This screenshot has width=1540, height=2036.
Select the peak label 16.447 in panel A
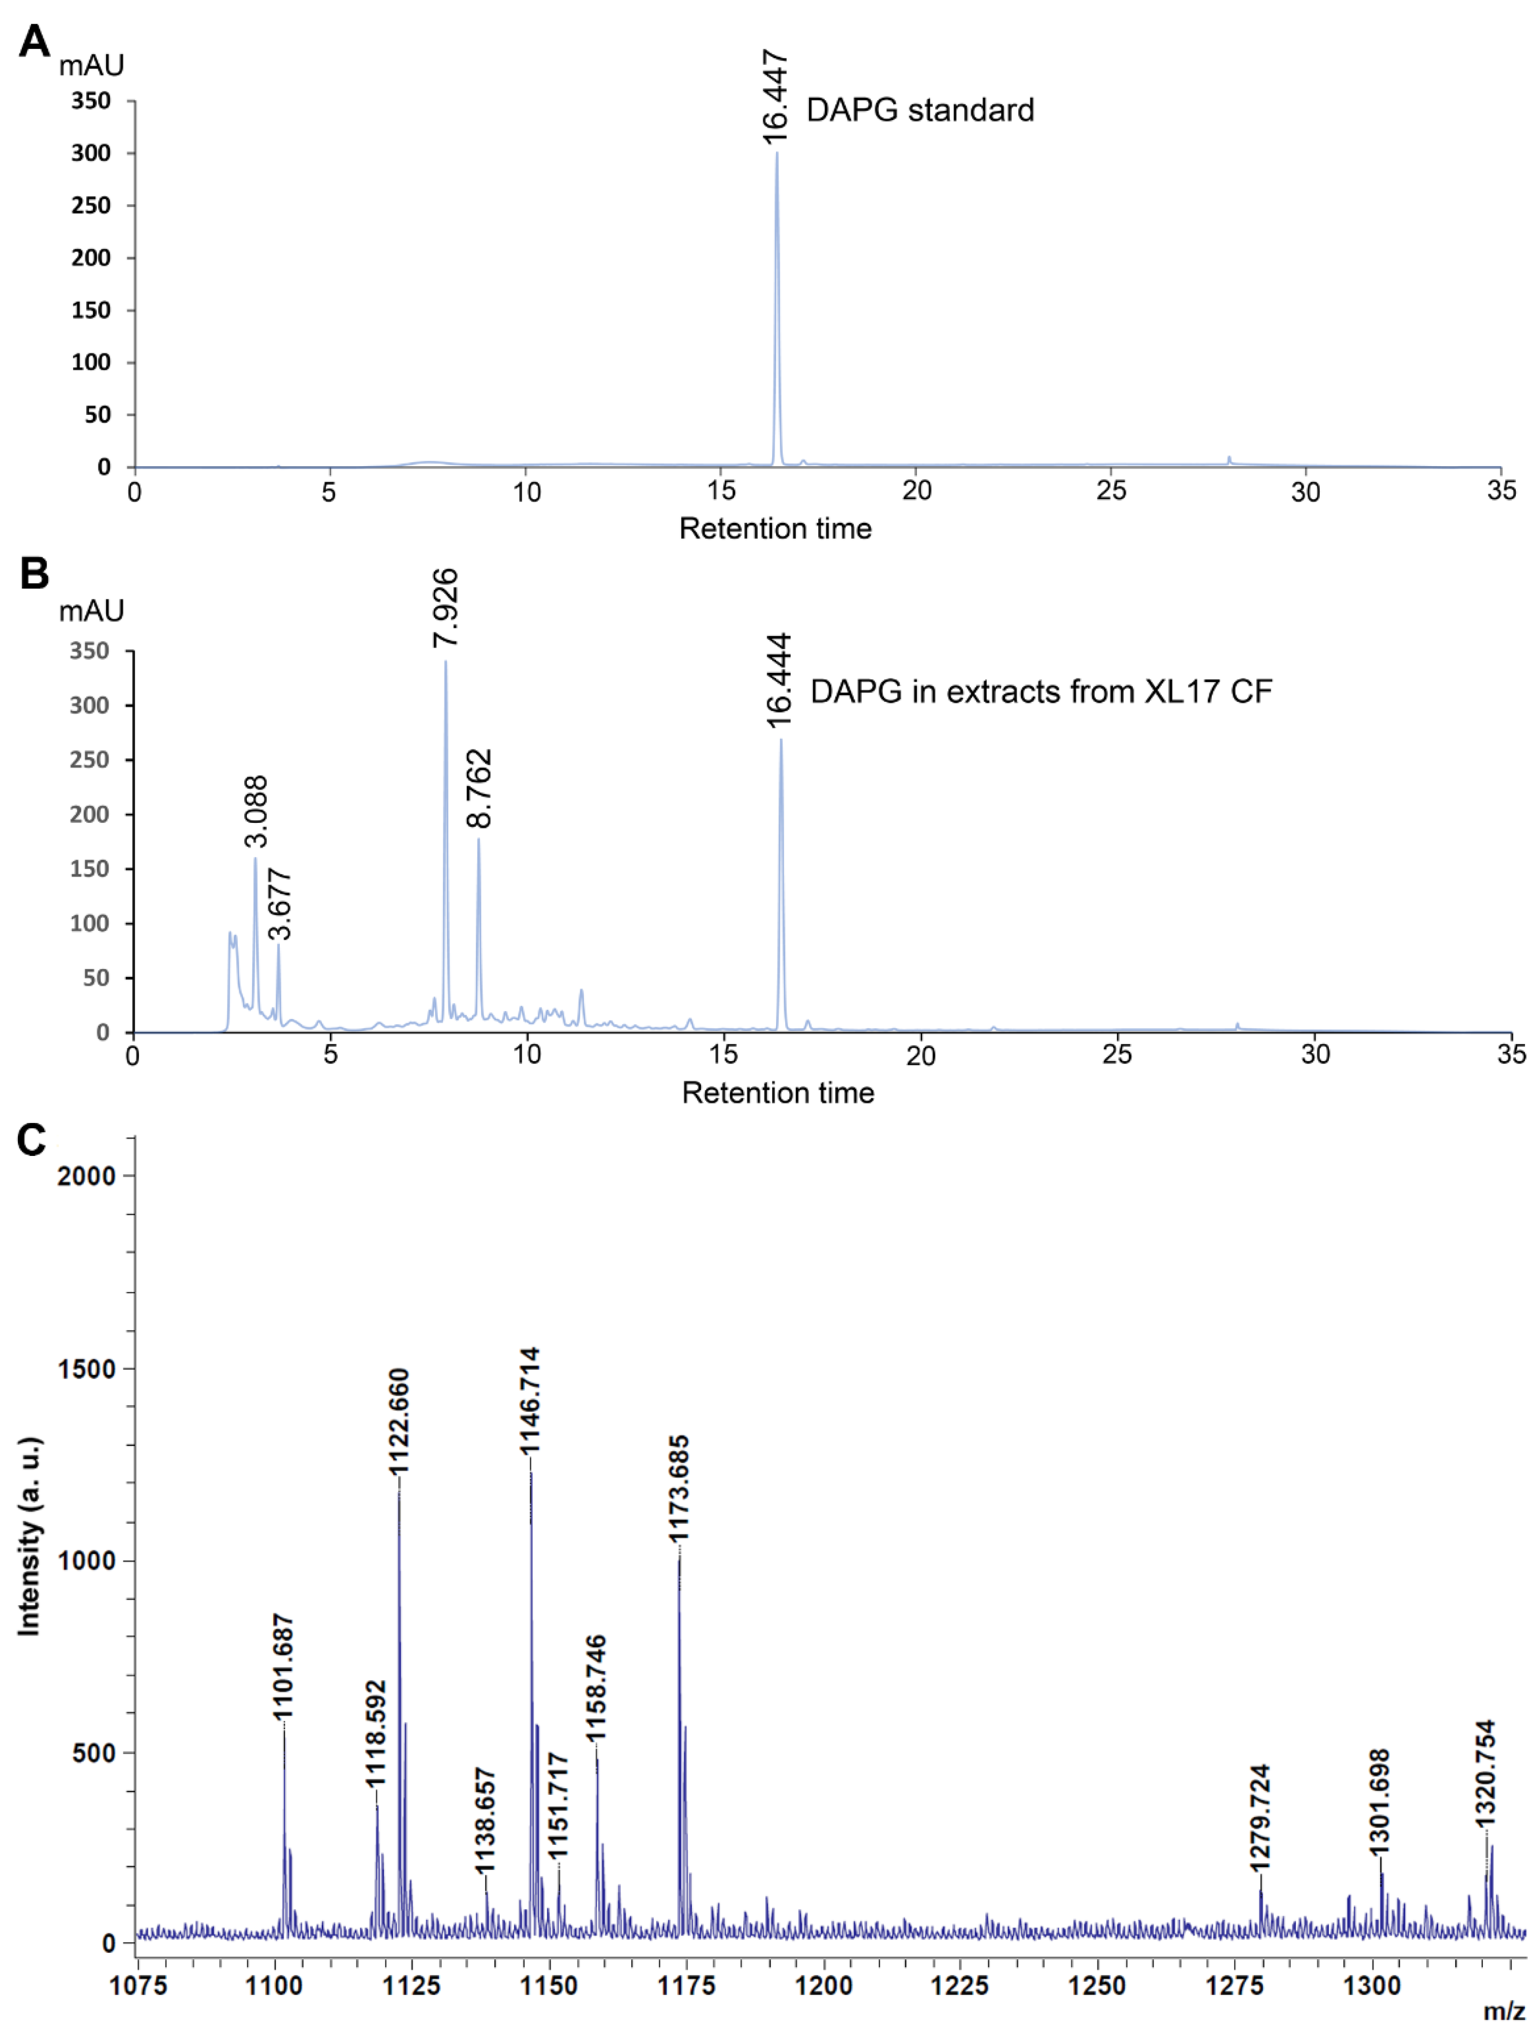pos(776,98)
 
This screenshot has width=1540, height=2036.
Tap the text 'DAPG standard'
pos(919,110)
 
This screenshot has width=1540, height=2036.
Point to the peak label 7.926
pos(445,608)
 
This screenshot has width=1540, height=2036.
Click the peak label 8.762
pos(480,789)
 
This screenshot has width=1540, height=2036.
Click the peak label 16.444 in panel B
pos(779,680)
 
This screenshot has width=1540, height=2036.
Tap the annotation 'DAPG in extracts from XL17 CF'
pos(1040,691)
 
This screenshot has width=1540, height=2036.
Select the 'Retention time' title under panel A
pos(775,528)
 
